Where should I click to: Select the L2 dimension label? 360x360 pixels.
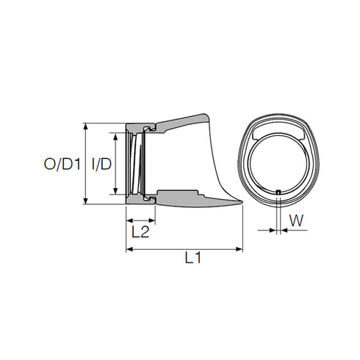click(x=140, y=232)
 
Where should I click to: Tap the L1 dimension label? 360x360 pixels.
click(x=193, y=258)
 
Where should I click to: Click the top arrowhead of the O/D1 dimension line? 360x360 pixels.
click(x=87, y=126)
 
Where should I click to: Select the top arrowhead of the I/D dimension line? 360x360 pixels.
click(x=117, y=135)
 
